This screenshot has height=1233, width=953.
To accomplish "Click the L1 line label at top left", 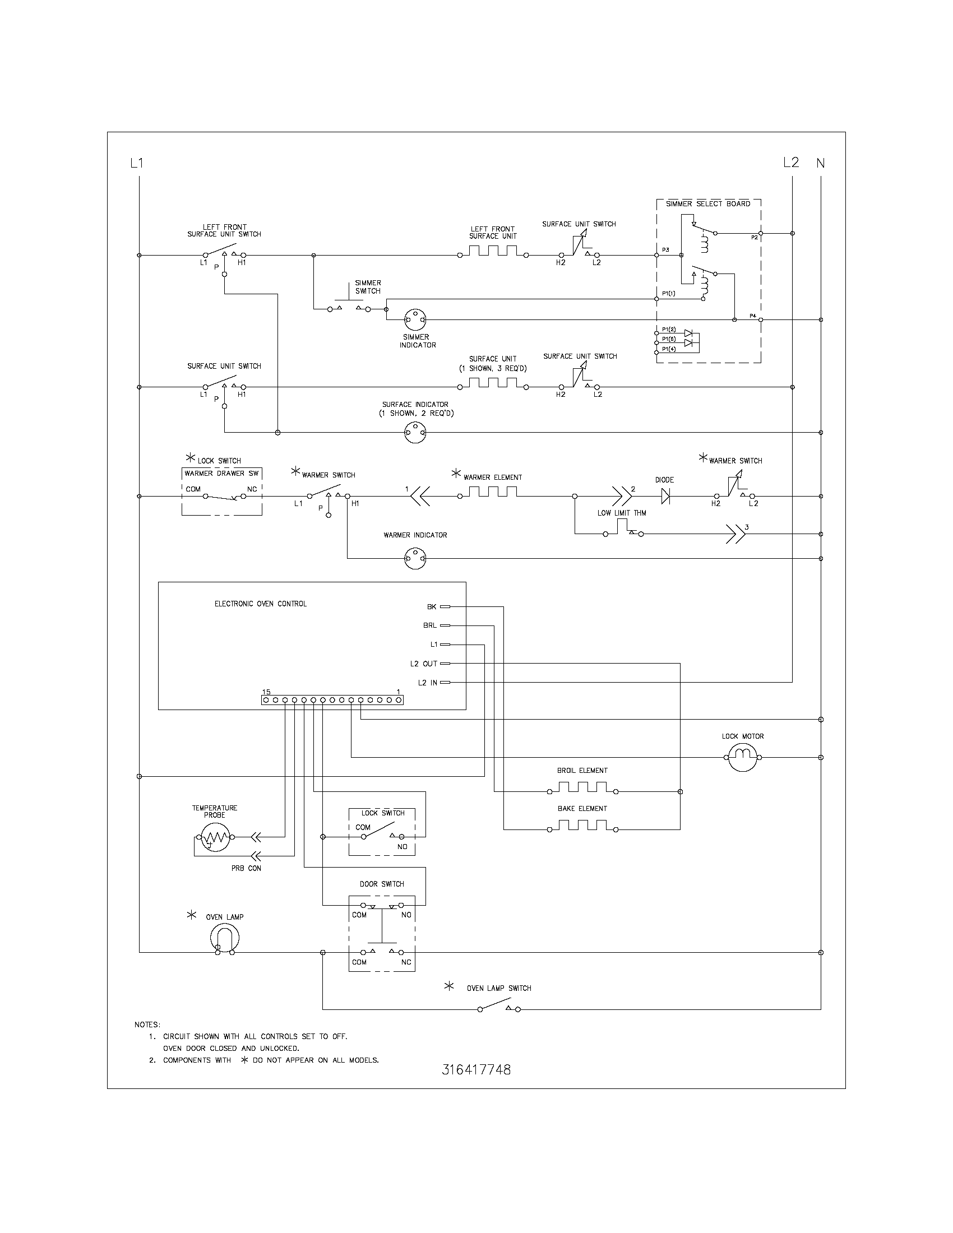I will tap(137, 164).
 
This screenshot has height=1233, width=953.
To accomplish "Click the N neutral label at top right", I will tap(820, 164).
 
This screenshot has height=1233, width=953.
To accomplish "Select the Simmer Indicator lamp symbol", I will tap(415, 320).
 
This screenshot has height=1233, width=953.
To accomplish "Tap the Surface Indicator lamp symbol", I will tap(415, 433).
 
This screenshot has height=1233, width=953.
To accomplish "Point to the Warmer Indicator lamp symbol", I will tap(415, 559).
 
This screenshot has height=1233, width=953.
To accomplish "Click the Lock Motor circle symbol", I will tap(742, 757).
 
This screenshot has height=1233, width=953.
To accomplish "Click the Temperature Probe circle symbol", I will tap(215, 837).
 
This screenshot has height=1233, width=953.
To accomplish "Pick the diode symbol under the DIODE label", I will tap(665, 496).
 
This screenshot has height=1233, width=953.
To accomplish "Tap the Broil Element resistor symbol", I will tap(581, 787).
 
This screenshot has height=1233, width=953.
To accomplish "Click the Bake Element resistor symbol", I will tap(581, 826).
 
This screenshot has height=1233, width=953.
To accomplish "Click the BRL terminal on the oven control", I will tap(445, 625).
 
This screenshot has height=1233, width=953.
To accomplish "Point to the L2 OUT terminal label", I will tap(423, 664).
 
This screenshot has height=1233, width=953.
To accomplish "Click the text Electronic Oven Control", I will tap(260, 604).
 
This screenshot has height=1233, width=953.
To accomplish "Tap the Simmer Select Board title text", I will tap(708, 204).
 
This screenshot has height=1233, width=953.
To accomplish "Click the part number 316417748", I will tap(476, 1070).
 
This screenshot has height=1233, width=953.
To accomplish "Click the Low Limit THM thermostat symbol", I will tap(623, 530).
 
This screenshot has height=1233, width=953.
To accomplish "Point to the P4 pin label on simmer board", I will tap(752, 316).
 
